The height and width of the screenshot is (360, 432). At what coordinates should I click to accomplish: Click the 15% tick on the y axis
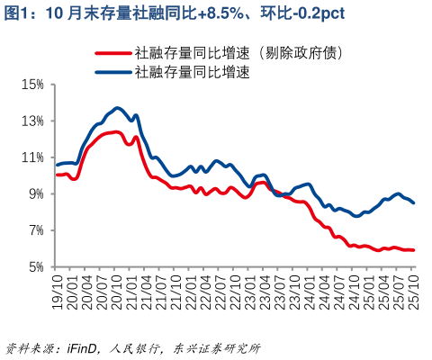32,85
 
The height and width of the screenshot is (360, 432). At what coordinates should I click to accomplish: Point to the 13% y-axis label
32,121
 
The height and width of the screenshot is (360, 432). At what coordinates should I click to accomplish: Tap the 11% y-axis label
32,157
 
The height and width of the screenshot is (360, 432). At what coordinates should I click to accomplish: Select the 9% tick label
35,194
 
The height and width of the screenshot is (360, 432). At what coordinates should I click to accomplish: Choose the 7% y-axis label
35,230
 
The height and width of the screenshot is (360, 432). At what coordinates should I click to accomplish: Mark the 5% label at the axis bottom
35,267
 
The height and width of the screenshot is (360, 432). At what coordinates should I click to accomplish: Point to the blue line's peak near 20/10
117,108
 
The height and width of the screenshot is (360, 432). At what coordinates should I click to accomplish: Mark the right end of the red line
413,250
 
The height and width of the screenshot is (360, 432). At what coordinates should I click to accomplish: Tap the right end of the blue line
413,203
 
